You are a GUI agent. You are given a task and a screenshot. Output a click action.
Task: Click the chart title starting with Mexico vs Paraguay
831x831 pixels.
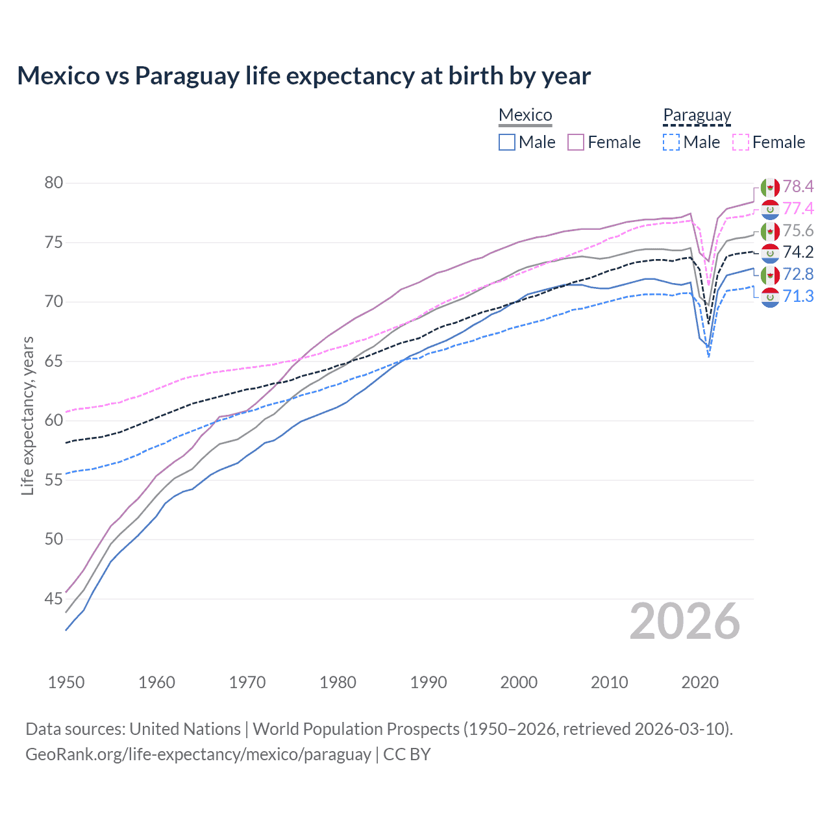pyautogui.click(x=304, y=76)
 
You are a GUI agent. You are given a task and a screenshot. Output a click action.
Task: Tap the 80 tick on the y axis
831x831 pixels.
pyautogui.click(x=54, y=183)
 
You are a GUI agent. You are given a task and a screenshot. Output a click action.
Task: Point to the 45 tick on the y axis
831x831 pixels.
pyautogui.click(x=54, y=599)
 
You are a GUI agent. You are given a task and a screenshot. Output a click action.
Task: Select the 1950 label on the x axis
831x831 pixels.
pyautogui.click(x=66, y=682)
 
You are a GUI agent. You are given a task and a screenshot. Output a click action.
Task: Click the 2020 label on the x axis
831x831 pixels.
pyautogui.click(x=700, y=682)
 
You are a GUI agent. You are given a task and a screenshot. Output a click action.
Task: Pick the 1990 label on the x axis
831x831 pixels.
pyautogui.click(x=428, y=682)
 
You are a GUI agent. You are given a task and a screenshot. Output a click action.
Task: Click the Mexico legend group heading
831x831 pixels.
pyautogui.click(x=525, y=115)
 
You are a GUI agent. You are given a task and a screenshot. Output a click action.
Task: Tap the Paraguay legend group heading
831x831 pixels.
pyautogui.click(x=697, y=115)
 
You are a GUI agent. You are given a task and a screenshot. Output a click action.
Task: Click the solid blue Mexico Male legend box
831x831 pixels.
pyautogui.click(x=507, y=142)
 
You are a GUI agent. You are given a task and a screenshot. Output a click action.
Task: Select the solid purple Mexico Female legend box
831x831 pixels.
pyautogui.click(x=576, y=142)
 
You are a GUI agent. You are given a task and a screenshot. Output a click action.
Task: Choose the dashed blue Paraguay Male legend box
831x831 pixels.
pyautogui.click(x=671, y=142)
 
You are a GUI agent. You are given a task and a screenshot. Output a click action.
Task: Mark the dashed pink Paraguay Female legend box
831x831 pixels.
pyautogui.click(x=741, y=142)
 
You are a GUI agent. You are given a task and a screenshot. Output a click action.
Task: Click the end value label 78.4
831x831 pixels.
pyautogui.click(x=798, y=187)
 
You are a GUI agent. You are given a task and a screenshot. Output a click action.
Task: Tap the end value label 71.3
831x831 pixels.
pyautogui.click(x=798, y=297)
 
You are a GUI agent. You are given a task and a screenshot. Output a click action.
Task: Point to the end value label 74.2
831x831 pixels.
pyautogui.click(x=798, y=253)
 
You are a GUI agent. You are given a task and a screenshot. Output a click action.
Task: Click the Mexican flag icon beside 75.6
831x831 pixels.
pyautogui.click(x=770, y=231)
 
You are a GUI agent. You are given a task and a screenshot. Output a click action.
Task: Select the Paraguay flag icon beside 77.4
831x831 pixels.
pyautogui.click(x=770, y=209)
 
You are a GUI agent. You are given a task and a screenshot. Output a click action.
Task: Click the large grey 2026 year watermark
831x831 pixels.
pyautogui.click(x=685, y=621)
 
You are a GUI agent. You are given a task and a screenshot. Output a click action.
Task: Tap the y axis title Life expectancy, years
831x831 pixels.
pyautogui.click(x=27, y=415)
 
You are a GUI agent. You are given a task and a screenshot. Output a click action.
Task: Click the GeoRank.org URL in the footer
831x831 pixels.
pyautogui.click(x=198, y=754)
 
